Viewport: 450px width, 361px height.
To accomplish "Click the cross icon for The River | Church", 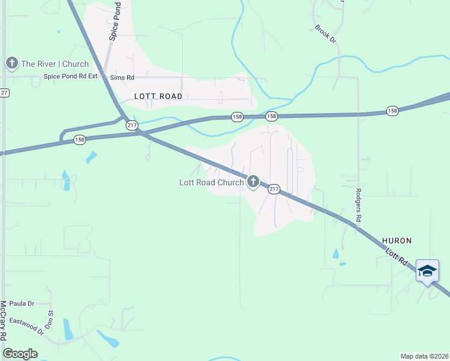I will [11, 63].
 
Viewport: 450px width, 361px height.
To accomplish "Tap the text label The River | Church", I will [55, 64].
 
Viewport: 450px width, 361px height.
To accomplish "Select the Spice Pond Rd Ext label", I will [70, 77].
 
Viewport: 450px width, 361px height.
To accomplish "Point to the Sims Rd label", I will [122, 78].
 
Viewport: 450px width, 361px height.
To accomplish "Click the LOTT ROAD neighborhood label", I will [158, 96].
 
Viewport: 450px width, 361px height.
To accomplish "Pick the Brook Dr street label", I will [325, 33].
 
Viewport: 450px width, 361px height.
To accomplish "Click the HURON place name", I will [397, 241].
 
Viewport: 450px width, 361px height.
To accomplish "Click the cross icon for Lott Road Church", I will [253, 181].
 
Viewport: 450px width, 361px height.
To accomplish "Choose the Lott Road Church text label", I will [212, 182].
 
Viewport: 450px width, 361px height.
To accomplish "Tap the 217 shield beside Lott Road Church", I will [274, 189].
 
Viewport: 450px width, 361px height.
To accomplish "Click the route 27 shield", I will [4, 93].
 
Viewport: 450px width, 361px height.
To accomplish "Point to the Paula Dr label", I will [22, 304].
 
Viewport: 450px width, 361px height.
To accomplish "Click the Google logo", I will [20, 354].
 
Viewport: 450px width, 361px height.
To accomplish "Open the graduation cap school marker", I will [427, 271].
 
